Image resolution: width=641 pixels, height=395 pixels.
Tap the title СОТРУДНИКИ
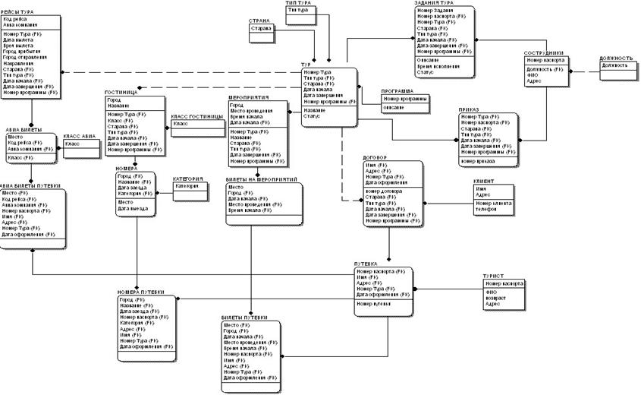pyautogui.click(x=543, y=53)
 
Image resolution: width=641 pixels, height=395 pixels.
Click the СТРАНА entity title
pyautogui.click(x=259, y=21)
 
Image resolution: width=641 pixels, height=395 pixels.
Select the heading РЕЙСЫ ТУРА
pyautogui.click(x=20, y=13)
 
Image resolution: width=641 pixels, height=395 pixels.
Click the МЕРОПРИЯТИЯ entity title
pyautogui.click(x=249, y=97)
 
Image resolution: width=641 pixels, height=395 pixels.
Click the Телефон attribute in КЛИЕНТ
pyautogui.click(x=486, y=209)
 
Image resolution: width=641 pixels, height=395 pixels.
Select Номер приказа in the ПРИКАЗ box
pyautogui.click(x=477, y=161)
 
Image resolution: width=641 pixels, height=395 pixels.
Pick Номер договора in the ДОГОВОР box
pyautogui.click(x=384, y=191)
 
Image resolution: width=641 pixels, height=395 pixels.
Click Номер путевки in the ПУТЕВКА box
pyautogui.click(x=374, y=303)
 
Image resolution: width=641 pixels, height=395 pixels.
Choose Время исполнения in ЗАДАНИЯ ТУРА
pyautogui.click(x=438, y=68)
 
